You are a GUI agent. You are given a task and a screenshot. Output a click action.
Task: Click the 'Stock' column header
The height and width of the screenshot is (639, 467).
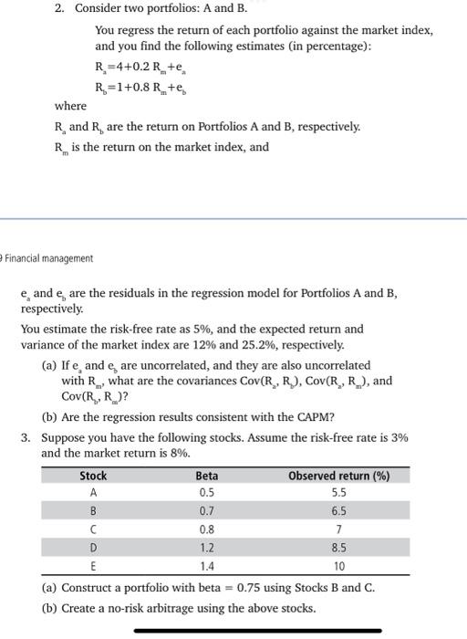pyautogui.click(x=93, y=476)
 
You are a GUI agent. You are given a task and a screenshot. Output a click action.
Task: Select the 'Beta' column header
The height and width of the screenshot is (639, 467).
pyautogui.click(x=207, y=476)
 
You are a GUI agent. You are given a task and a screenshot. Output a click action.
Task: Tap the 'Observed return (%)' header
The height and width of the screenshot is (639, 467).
pyautogui.click(x=338, y=476)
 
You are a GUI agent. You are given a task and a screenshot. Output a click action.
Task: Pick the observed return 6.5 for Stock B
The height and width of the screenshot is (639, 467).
pyautogui.click(x=338, y=510)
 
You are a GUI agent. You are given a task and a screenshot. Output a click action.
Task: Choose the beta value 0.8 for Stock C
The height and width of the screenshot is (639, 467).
pyautogui.click(x=207, y=529)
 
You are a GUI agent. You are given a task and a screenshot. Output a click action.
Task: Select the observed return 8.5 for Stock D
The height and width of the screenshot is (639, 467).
pyautogui.click(x=338, y=549)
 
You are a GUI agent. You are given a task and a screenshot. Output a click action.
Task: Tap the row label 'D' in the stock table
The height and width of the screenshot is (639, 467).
pyautogui.click(x=92, y=549)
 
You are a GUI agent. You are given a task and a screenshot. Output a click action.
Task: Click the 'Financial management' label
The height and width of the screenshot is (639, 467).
pyautogui.click(x=50, y=258)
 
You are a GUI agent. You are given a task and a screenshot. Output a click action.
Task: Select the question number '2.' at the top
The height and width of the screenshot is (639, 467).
pyautogui.click(x=59, y=9)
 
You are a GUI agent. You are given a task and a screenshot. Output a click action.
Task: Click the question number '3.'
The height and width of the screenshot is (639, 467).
pyautogui.click(x=28, y=437)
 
